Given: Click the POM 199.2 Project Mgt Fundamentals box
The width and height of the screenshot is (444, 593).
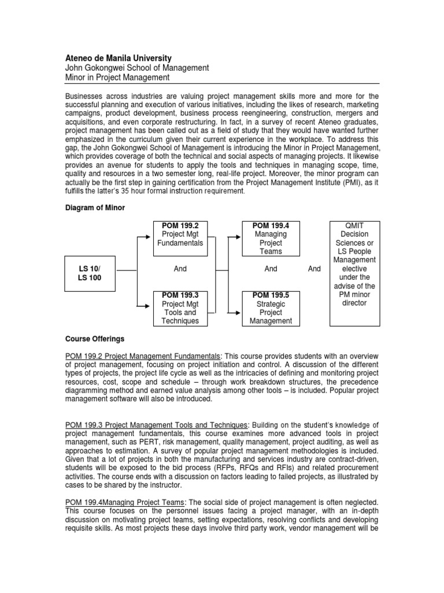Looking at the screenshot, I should (180, 238).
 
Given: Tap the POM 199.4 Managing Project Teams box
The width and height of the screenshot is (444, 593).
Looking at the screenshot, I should (271, 238).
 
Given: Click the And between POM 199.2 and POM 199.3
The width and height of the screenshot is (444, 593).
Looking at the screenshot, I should (180, 269).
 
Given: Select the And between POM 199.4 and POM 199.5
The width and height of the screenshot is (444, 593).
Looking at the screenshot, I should (271, 269).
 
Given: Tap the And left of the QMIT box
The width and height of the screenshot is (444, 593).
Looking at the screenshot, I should (314, 269).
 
